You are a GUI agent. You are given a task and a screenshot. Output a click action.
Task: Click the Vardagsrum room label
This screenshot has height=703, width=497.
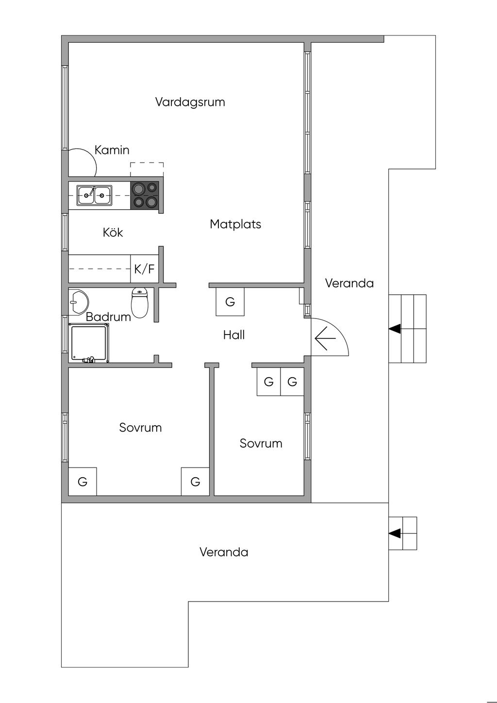[x=190, y=102]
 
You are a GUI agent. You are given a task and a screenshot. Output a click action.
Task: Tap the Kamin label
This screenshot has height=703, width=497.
[x=112, y=150]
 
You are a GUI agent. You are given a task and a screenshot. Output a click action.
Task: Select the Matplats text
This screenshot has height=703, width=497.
[x=235, y=224]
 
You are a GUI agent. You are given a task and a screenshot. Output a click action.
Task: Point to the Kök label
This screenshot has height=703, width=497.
[x=113, y=232]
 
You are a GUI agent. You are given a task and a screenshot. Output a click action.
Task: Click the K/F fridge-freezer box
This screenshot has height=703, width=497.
[x=144, y=268]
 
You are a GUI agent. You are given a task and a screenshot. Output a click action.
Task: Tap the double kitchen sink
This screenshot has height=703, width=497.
[x=95, y=195]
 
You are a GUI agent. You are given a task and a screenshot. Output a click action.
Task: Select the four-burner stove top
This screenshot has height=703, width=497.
[x=145, y=195]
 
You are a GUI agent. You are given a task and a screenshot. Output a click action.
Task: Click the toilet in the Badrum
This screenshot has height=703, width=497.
[x=140, y=302]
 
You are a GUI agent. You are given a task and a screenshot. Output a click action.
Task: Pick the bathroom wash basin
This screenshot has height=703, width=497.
[x=79, y=301]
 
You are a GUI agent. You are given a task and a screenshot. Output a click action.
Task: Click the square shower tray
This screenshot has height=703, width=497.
[x=89, y=343]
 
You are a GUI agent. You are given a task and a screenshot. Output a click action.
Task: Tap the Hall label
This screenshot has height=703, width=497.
[x=234, y=335]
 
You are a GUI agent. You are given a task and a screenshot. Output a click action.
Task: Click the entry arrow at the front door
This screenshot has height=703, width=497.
[x=325, y=338]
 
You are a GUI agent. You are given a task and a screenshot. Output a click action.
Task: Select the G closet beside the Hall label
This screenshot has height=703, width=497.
[x=230, y=301]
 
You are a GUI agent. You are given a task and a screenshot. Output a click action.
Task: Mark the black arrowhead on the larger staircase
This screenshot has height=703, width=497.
[x=395, y=329]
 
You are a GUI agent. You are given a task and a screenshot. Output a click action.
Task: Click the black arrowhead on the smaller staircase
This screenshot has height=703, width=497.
[x=395, y=533]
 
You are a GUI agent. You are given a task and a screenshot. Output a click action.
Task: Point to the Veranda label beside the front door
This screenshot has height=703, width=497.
[x=349, y=284]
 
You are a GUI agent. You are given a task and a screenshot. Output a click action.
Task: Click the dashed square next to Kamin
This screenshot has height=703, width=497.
[x=147, y=169]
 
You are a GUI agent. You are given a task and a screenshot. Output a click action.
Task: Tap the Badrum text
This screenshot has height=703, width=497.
[x=108, y=317]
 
